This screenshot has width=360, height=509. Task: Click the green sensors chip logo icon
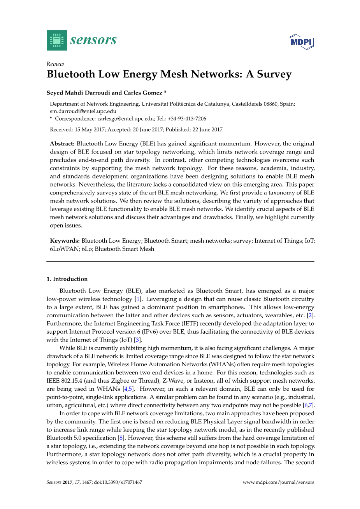(x=57, y=40)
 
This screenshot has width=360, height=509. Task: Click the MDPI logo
(x=301, y=42)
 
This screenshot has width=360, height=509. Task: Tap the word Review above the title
(x=55, y=64)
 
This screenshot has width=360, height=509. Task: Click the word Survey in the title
(x=274, y=74)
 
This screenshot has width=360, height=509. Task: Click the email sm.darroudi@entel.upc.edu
(x=83, y=111)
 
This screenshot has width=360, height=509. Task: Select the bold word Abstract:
(x=62, y=144)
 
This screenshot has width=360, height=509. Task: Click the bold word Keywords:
(x=65, y=241)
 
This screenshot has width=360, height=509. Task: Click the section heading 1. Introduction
(x=67, y=279)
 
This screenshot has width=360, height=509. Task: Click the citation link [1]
(x=138, y=299)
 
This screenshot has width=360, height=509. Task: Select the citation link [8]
(x=121, y=438)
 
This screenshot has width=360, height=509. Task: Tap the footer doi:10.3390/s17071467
(x=118, y=482)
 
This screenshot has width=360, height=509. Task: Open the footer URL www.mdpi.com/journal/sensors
(x=278, y=482)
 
